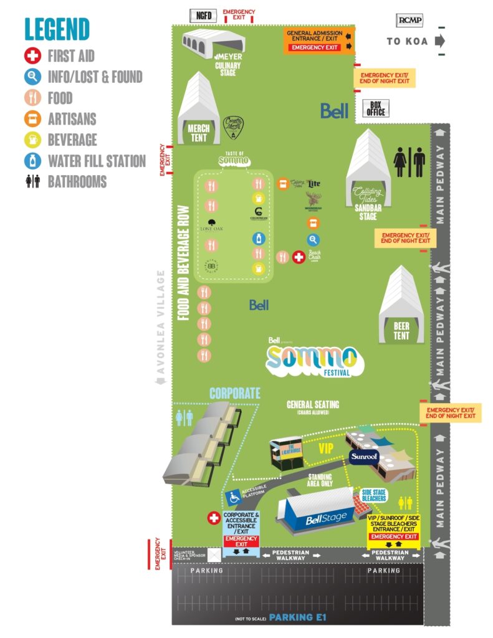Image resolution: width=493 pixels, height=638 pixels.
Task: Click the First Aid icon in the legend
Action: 33,57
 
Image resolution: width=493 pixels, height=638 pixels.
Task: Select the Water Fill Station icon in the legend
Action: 33,161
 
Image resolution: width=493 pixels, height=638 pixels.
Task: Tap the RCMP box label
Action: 409,21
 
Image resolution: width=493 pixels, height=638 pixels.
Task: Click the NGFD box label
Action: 204,15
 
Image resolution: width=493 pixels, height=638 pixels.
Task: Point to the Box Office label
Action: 376,108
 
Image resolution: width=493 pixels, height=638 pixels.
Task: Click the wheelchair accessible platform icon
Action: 234,497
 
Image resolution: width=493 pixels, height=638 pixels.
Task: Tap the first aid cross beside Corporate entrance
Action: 214,518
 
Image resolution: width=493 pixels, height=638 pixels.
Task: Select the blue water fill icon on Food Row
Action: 258,238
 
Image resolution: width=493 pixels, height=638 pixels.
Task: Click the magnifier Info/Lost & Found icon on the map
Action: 313,240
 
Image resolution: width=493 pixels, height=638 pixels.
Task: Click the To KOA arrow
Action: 441,41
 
